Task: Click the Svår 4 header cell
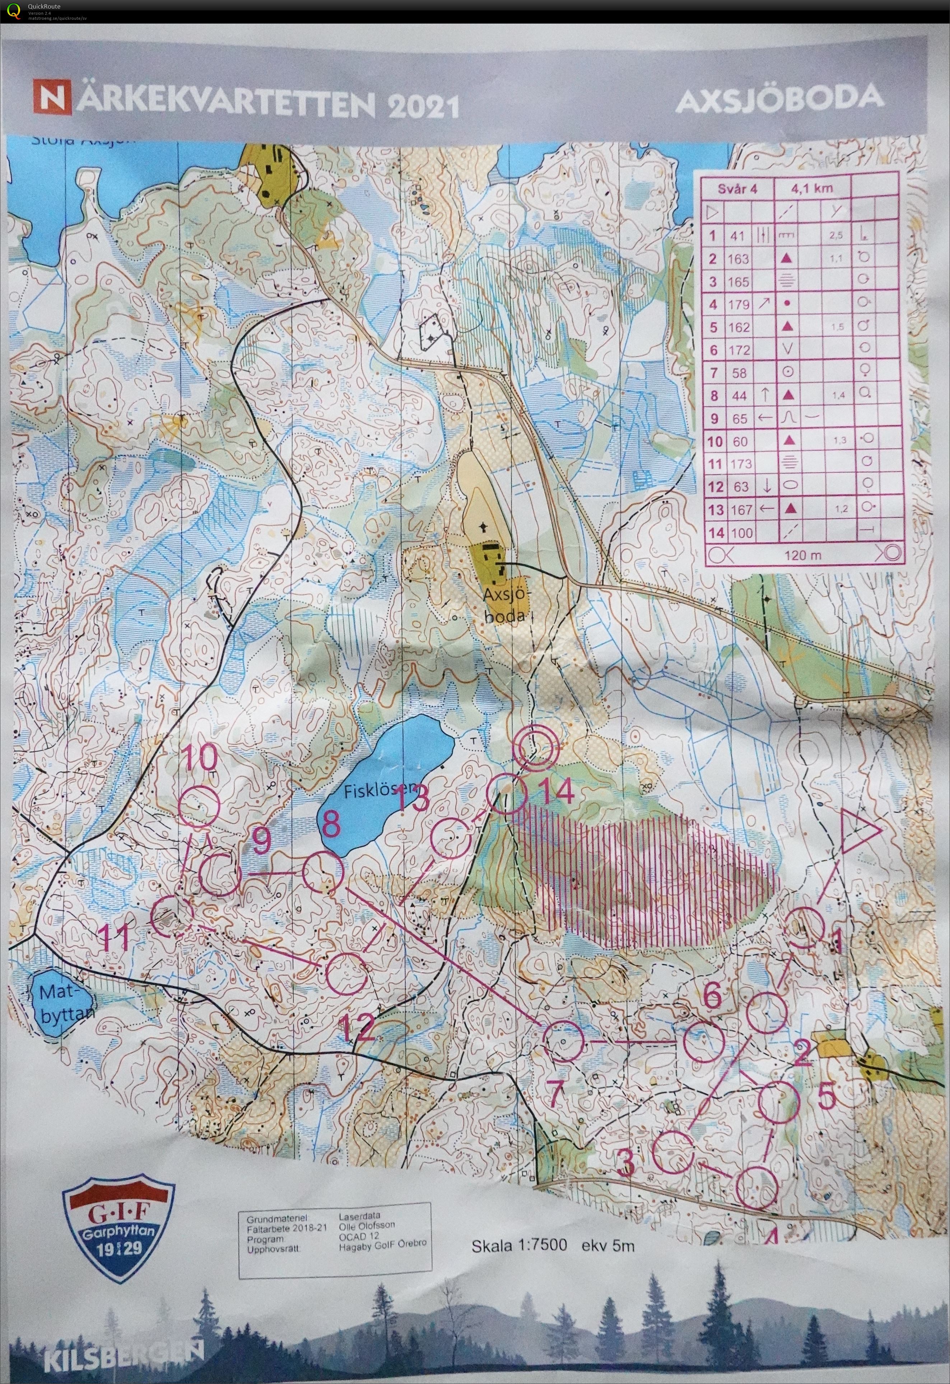click(737, 189)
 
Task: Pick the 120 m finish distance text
click(802, 555)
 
